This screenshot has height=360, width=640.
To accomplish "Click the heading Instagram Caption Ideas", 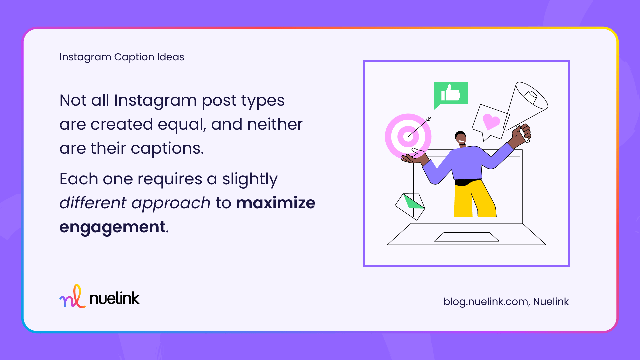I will click(x=122, y=57).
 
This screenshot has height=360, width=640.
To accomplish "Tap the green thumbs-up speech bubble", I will click(x=451, y=93).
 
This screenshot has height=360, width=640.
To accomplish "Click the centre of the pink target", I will click(x=408, y=136).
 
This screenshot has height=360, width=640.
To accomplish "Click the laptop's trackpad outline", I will click(x=466, y=237).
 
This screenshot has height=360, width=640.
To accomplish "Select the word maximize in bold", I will click(x=276, y=203).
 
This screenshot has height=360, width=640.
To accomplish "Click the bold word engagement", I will click(x=113, y=227).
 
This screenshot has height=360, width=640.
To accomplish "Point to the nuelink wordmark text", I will click(x=115, y=298).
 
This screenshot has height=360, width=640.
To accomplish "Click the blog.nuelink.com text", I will click(x=486, y=302).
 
